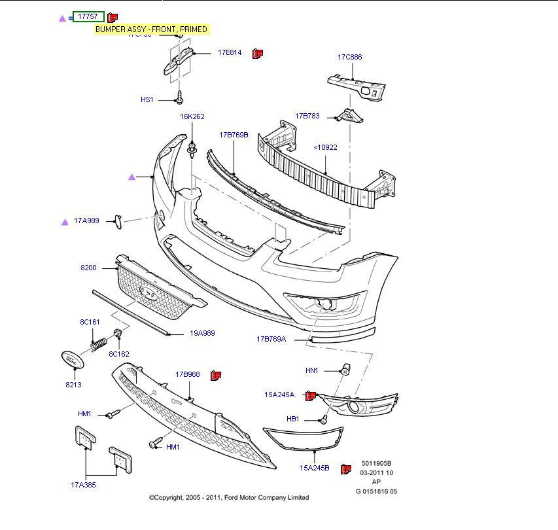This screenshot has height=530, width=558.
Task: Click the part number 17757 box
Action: tap(88, 16)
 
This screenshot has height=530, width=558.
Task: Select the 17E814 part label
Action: tap(230, 52)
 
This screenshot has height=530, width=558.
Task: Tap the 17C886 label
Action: tap(349, 57)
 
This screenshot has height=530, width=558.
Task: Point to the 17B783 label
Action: tap(307, 116)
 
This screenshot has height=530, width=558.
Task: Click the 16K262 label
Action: tap(192, 116)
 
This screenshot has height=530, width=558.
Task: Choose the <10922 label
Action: tap(325, 147)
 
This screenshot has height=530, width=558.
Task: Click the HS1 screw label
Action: tap(147, 99)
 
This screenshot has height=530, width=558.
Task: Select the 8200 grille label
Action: tap(88, 268)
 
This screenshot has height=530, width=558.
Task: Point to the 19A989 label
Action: tap(202, 333)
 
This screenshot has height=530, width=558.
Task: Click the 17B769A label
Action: tap(271, 339)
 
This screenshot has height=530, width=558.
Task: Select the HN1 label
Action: tap(311, 370)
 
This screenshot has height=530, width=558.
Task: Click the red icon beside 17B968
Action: tap(216, 375)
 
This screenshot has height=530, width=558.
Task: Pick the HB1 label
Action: tap(292, 419)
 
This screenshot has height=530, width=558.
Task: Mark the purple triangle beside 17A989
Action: tap(65, 222)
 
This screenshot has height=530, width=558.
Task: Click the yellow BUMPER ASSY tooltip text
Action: tap(151, 29)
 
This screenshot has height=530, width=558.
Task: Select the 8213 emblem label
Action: tap(73, 385)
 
